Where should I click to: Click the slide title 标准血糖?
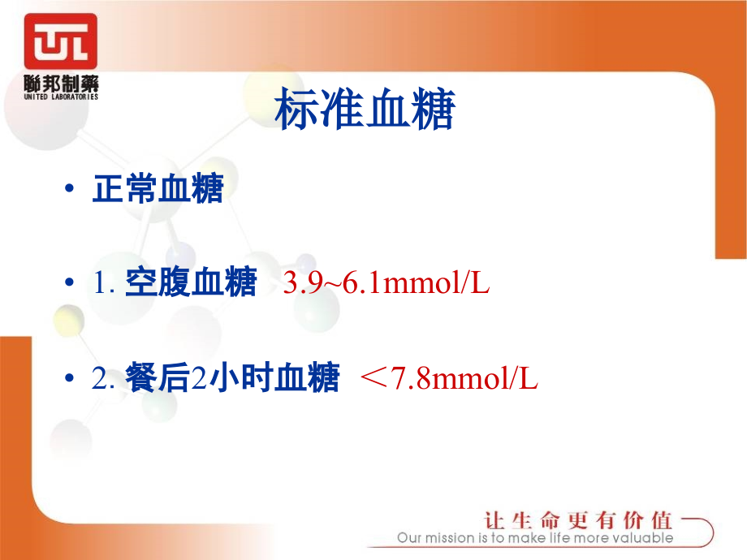click(x=365, y=111)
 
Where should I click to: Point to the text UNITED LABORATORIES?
click(x=61, y=97)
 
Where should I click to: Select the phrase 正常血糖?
click(x=158, y=189)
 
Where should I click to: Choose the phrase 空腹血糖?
click(x=191, y=284)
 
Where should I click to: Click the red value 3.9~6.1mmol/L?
click(x=386, y=284)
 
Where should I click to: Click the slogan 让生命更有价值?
click(x=578, y=520)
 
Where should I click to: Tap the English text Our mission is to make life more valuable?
click(x=535, y=538)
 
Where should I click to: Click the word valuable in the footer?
click(x=646, y=538)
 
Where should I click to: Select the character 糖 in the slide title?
click(x=432, y=111)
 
